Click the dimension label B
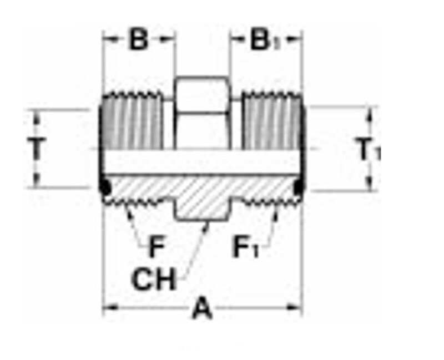tap(139, 40)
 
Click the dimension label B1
tap(261, 40)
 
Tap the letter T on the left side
tap(37, 149)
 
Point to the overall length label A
tap(203, 308)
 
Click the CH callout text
tap(154, 280)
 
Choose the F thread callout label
tap(157, 247)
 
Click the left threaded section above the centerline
tap(132, 123)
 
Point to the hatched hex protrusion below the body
tap(201, 208)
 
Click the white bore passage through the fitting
tap(203, 162)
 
